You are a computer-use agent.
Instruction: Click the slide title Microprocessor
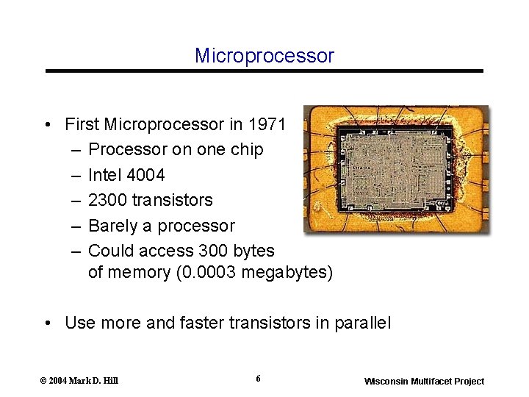tap(264, 56)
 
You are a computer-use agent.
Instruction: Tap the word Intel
tap(104, 175)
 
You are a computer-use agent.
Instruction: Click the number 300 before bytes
tap(197, 251)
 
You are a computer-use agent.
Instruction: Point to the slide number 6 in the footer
tap(258, 379)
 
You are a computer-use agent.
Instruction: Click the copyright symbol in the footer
tap(43, 381)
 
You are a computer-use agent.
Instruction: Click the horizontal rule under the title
tap(264, 71)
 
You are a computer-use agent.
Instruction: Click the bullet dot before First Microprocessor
tap(47, 124)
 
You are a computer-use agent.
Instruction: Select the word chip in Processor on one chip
tap(247, 149)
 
